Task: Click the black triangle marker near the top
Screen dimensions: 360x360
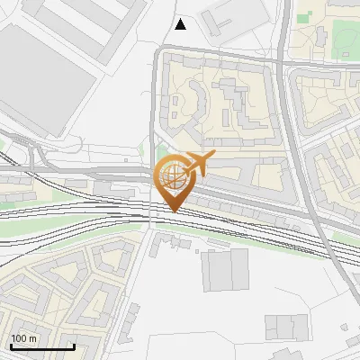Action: coord(180,23)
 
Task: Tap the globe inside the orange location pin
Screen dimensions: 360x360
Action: coord(172,174)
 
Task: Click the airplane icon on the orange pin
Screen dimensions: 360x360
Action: coord(199,163)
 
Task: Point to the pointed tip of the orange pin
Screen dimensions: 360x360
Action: coord(172,211)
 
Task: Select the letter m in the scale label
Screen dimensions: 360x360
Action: coord(32,338)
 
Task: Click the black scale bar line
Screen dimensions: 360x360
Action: coord(42,346)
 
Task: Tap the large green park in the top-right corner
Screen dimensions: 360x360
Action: coord(346,36)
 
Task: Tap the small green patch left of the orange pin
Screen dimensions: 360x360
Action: coord(160,155)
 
